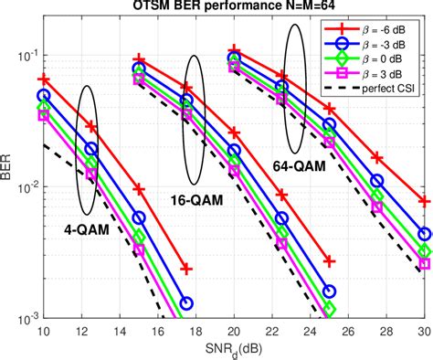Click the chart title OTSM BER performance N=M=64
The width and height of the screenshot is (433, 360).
click(x=234, y=8)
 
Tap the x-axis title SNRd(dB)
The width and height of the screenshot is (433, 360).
click(x=234, y=348)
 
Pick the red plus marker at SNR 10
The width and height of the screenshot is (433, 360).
click(x=43, y=79)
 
